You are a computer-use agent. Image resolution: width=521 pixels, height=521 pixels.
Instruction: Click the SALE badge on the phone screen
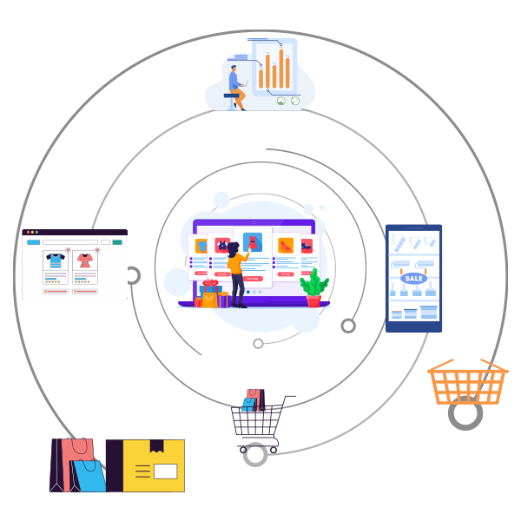[413, 279]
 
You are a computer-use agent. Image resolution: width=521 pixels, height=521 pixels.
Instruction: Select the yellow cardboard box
[154, 466]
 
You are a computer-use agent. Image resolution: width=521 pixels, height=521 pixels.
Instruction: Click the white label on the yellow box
[165, 472]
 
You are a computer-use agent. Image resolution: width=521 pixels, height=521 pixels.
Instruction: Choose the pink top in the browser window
[85, 260]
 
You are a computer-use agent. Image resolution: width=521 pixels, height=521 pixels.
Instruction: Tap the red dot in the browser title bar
[28, 232]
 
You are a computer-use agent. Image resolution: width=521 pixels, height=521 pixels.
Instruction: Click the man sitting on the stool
[236, 80]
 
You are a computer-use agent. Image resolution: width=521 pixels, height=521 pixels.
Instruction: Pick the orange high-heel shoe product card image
[283, 246]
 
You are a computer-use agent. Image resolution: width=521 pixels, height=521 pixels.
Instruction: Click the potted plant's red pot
[313, 300]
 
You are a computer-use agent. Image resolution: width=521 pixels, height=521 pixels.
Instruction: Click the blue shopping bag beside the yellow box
[88, 474]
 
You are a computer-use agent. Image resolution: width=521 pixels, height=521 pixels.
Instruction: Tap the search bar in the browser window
[69, 241]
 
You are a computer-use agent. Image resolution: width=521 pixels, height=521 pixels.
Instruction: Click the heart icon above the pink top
[96, 250]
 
